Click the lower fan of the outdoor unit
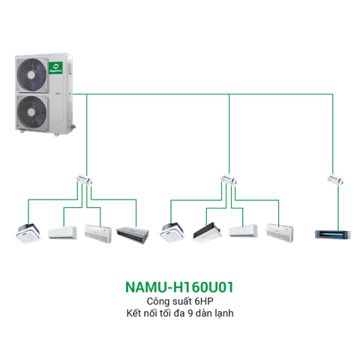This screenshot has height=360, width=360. click(x=32, y=112)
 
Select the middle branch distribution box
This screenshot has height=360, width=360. click(x=229, y=180)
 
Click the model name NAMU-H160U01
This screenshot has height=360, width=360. click(x=179, y=287)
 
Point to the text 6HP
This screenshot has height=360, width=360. click(x=198, y=301)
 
